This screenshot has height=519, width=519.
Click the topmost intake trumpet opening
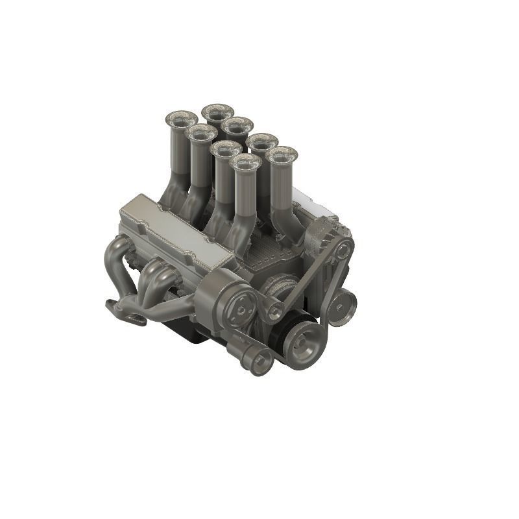(x=217, y=112)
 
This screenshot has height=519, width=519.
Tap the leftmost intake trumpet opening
(x=181, y=119)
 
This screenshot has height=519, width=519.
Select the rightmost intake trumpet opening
(x=282, y=156)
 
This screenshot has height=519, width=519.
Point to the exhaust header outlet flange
(x=125, y=312)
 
